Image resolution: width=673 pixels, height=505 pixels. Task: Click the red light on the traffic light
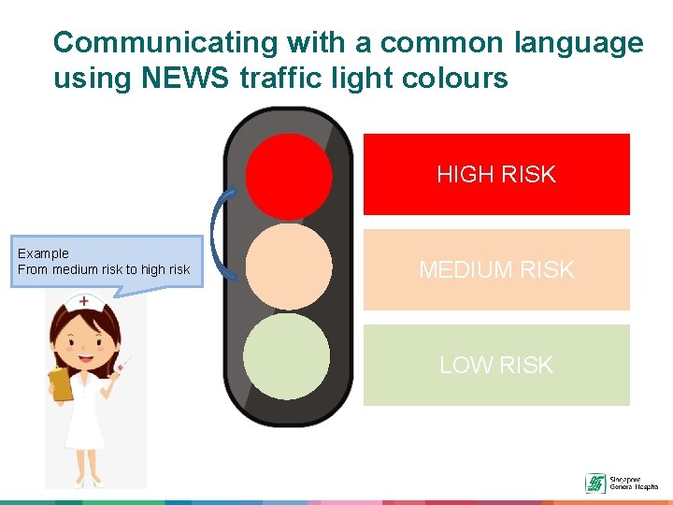coord(289,175)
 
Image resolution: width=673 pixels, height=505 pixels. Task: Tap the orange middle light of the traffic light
coord(289,267)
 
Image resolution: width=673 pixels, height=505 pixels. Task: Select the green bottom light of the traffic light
coord(286,355)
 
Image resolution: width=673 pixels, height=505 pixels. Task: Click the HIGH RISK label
coord(495,174)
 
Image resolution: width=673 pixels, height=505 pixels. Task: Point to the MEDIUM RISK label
coord(495,270)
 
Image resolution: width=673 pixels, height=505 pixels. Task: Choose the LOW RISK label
coord(495,365)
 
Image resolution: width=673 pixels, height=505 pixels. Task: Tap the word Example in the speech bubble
coord(43,253)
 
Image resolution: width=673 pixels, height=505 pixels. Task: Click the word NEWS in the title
coord(187,78)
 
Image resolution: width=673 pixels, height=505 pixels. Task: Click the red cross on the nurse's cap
coord(84,301)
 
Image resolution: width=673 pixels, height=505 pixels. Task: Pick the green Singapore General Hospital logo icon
coord(594,483)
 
